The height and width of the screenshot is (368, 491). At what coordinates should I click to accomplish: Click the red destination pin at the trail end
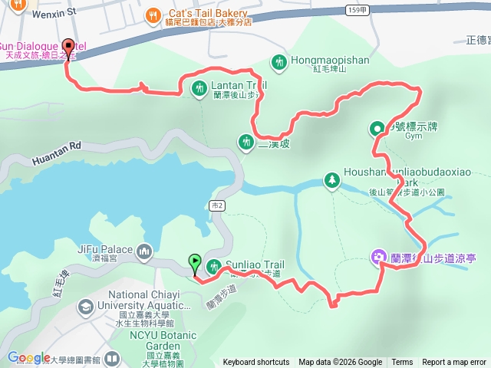pyautogui.click(x=67, y=47)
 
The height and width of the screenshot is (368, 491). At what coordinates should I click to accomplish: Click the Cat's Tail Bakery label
pyautogui.click(x=207, y=13)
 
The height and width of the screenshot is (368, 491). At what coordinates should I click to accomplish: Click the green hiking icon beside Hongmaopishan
pyautogui.click(x=279, y=60)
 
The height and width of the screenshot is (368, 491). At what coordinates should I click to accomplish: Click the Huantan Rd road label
pyautogui.click(x=57, y=153)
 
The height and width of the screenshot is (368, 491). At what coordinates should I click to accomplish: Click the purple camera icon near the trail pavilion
pyautogui.click(x=379, y=257)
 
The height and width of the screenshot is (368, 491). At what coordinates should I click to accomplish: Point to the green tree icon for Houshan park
pyautogui.click(x=331, y=179)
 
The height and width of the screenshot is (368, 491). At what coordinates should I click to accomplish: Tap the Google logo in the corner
pyautogui.click(x=28, y=357)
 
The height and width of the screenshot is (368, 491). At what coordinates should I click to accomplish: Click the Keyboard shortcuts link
pyautogui.click(x=256, y=363)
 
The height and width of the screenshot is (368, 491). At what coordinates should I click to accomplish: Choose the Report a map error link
pyautogui.click(x=454, y=363)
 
